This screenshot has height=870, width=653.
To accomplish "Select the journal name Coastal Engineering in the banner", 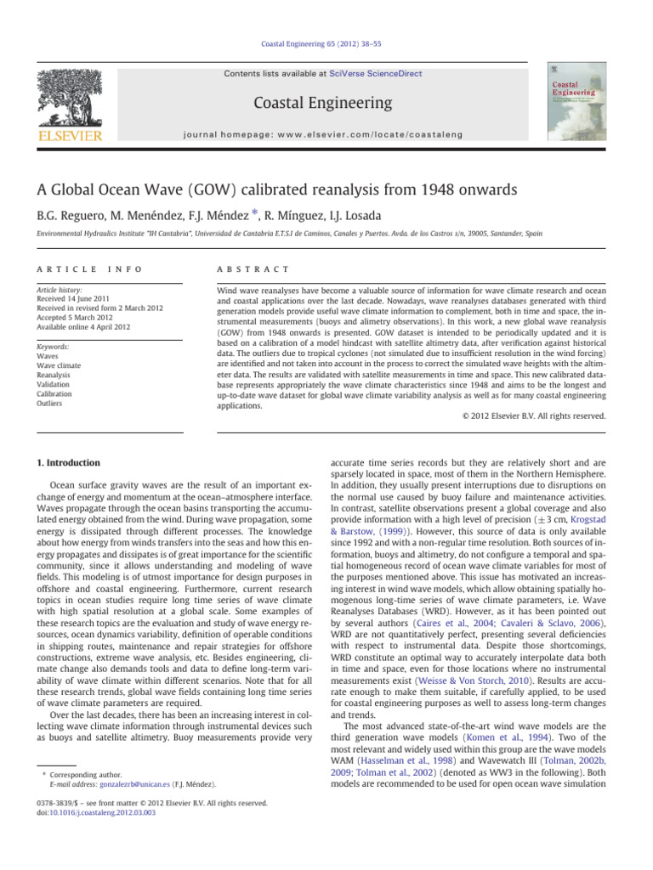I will pyautogui.click(x=326, y=103).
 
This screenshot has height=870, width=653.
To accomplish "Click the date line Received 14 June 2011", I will pyautogui.click(x=79, y=300).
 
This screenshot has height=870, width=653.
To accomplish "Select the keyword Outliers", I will pyautogui.click(x=61, y=405).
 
